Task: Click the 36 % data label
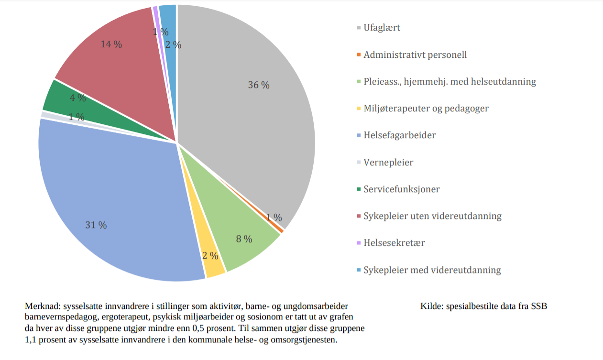(259, 85)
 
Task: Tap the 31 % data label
(96, 225)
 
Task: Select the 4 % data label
(78, 98)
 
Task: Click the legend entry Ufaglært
(382, 28)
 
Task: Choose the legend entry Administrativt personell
(415, 55)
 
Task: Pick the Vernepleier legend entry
(388, 163)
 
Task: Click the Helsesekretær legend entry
(394, 243)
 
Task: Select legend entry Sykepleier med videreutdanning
(432, 270)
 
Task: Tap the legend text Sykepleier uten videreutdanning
(432, 216)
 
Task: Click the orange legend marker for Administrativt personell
(359, 55)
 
